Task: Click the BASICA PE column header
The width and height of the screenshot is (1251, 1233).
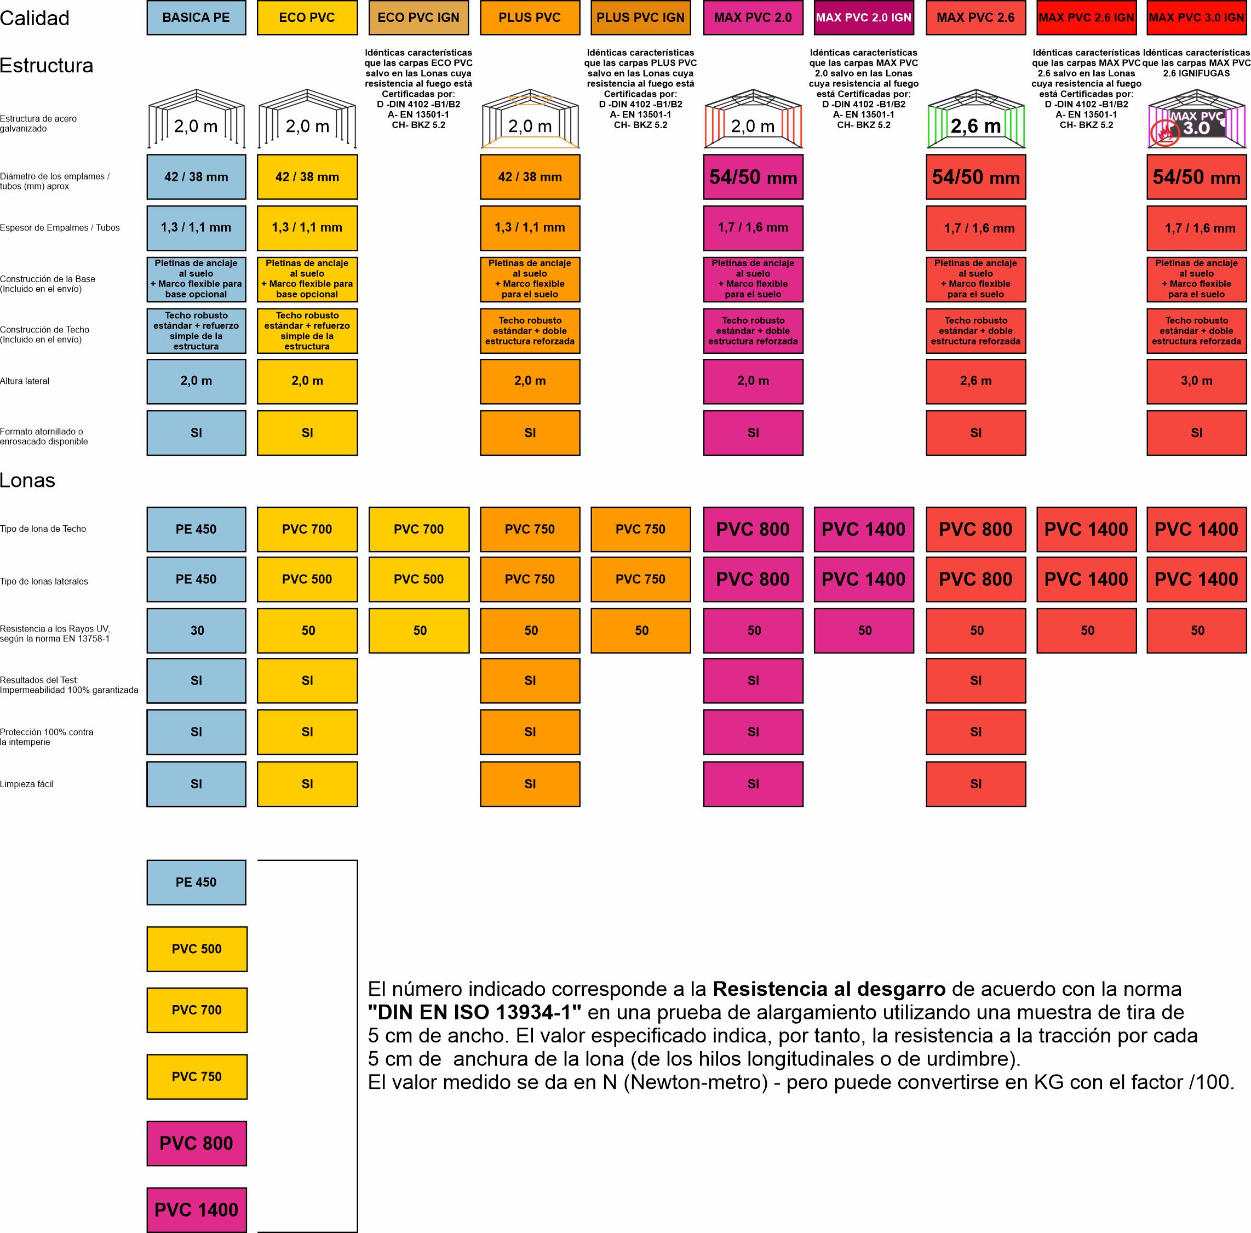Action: click(196, 18)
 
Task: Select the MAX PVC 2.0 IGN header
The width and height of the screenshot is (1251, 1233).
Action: click(863, 18)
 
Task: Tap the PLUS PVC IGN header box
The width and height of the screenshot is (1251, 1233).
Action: click(640, 18)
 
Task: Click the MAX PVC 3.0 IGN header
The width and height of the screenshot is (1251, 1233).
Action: click(1196, 18)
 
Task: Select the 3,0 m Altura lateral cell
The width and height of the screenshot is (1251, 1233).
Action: click(1196, 381)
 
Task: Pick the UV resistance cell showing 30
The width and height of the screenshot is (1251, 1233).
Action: click(196, 630)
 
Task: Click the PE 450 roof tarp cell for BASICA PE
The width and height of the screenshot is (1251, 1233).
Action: click(196, 529)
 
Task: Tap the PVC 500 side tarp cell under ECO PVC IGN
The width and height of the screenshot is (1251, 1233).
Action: click(419, 579)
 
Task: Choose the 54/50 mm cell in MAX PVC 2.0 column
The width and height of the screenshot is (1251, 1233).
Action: click(753, 177)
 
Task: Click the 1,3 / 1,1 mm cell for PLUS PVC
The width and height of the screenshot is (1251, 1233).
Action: click(530, 227)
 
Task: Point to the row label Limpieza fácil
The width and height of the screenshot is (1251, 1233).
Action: click(26, 784)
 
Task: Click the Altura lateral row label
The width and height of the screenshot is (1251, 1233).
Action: click(25, 381)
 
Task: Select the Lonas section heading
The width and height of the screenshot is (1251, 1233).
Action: click(27, 480)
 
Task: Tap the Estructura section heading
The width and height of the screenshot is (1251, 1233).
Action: click(47, 65)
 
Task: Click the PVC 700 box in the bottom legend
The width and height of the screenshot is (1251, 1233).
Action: click(196, 1010)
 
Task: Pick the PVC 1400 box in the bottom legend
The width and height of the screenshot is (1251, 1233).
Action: click(196, 1209)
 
